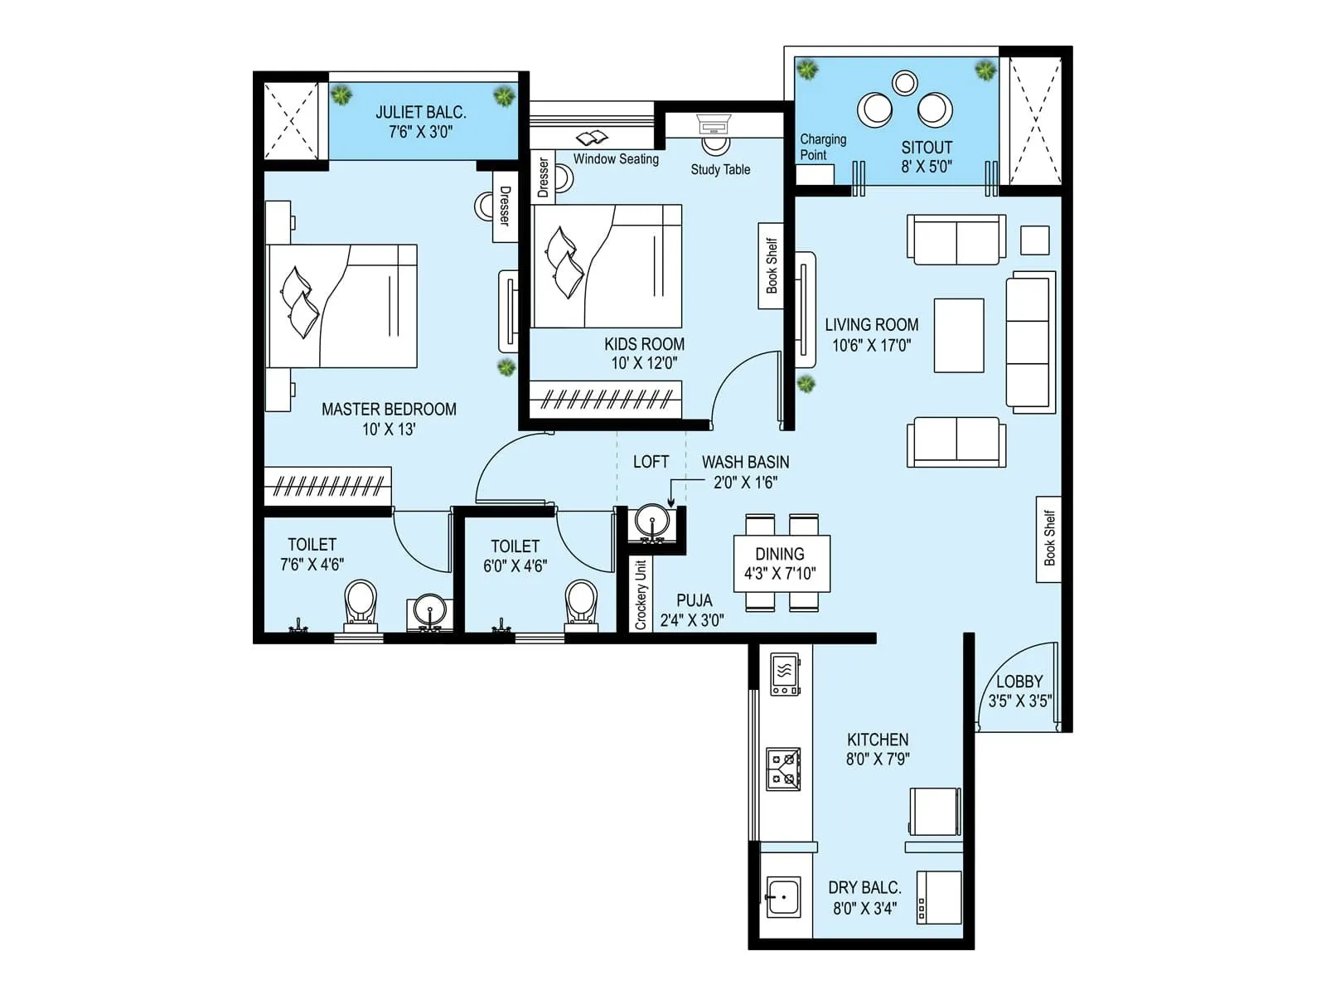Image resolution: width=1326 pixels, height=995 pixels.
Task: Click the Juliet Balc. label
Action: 421,112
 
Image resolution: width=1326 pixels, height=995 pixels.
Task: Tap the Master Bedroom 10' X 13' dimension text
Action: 389,430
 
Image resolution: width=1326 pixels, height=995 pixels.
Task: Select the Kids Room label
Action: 644,344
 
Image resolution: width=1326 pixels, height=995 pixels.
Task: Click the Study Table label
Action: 720,169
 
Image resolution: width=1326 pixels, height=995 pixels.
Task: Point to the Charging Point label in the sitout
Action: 822,147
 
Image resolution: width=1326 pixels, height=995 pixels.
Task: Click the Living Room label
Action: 871,325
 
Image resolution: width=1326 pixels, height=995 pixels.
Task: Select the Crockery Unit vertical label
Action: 640,595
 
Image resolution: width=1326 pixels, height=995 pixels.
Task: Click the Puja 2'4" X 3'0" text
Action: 692,619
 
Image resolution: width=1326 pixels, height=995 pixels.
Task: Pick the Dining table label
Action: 779,554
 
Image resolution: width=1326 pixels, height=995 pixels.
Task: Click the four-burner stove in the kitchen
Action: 783,769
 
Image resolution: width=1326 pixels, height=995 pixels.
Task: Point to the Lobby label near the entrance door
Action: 1019,682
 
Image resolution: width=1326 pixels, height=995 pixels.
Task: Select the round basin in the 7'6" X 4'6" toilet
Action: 429,612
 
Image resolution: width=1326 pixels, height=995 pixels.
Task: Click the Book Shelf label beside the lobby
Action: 1048,538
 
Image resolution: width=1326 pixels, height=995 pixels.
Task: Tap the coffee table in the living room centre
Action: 959,335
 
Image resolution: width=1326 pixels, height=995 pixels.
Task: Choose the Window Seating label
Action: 616,159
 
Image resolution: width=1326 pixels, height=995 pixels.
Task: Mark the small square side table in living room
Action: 1035,240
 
